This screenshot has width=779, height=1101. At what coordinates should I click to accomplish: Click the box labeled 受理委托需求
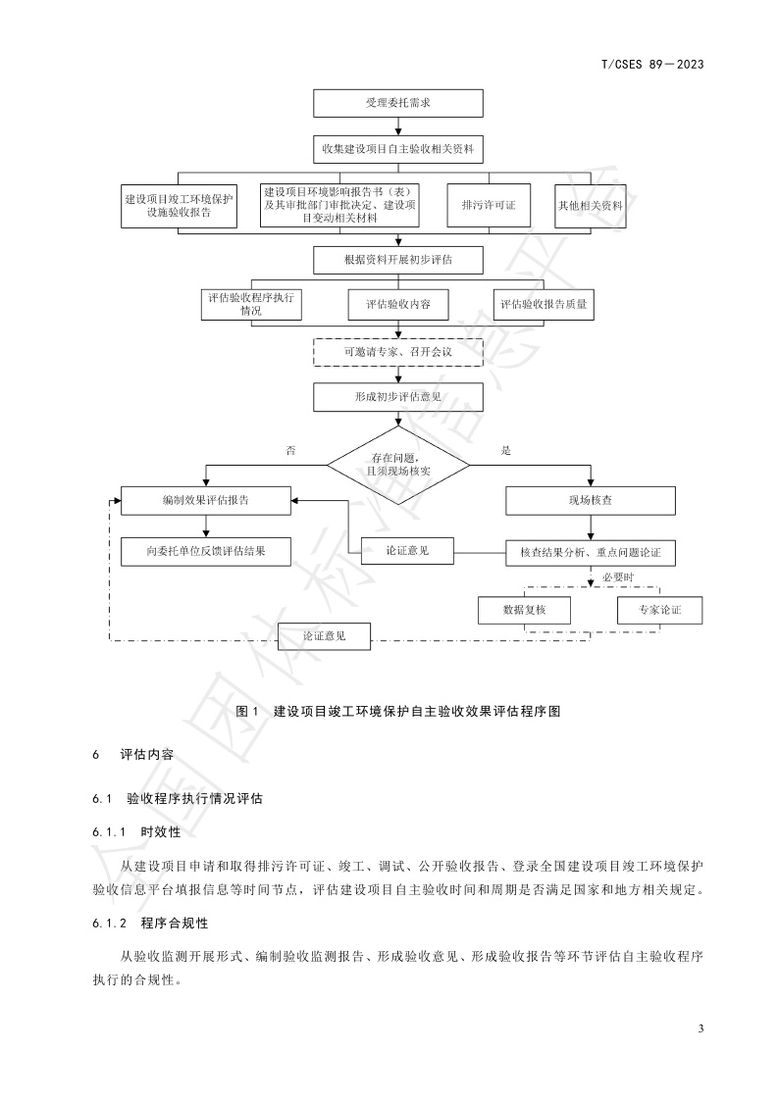click(x=397, y=103)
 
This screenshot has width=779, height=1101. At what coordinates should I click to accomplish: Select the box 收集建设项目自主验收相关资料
click(x=397, y=149)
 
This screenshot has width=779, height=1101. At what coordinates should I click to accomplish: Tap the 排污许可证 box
click(x=488, y=206)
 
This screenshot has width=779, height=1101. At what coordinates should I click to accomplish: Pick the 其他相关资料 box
click(x=590, y=206)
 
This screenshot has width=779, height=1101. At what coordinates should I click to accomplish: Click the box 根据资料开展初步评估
click(x=397, y=260)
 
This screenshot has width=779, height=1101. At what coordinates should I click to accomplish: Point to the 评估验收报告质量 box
click(x=544, y=305)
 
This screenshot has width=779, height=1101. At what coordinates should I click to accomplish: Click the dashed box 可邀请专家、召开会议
click(x=397, y=350)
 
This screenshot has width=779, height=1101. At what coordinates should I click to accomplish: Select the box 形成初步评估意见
click(x=397, y=396)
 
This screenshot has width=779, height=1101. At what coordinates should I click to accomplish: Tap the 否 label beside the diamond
click(x=290, y=450)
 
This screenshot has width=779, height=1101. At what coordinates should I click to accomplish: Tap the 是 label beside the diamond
click(x=506, y=450)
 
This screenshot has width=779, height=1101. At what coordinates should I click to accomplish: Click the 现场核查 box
click(x=590, y=500)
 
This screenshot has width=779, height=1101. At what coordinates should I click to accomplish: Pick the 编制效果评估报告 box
click(x=205, y=500)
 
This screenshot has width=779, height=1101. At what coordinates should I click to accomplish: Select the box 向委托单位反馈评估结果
click(x=205, y=552)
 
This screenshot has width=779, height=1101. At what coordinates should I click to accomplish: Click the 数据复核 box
click(x=523, y=610)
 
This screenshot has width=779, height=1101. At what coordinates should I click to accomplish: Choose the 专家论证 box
click(x=658, y=610)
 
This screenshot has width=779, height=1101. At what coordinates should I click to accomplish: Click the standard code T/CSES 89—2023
click(x=652, y=65)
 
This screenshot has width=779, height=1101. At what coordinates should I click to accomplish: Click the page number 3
click(x=701, y=1028)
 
